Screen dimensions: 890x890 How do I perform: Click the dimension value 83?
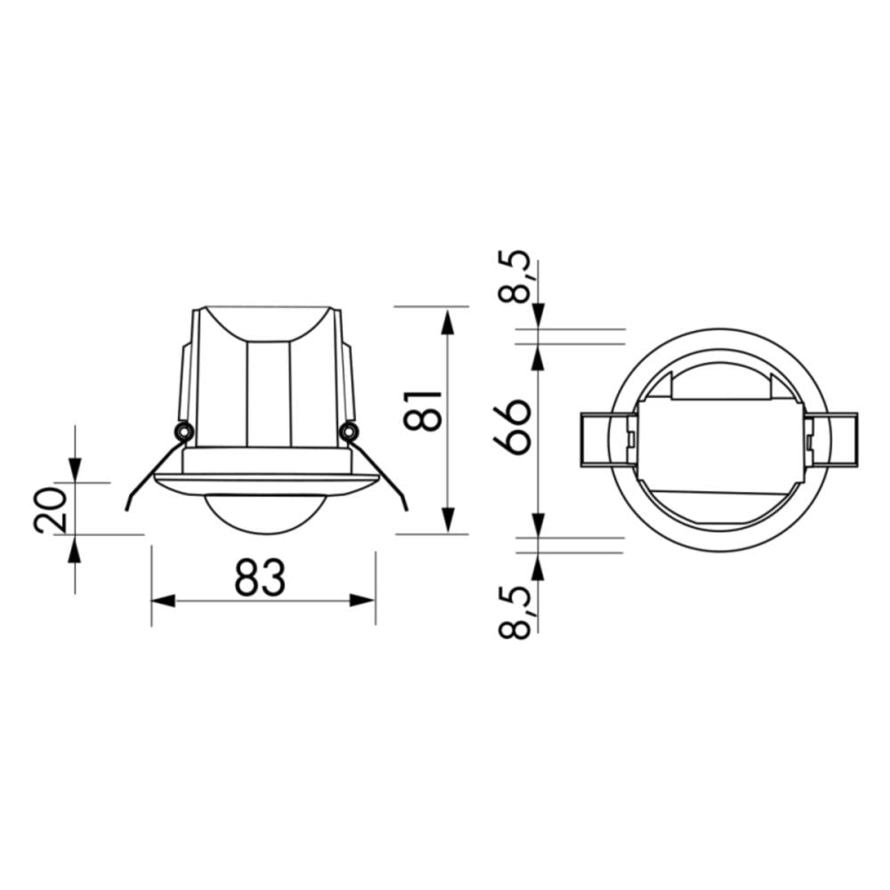tap(261, 578)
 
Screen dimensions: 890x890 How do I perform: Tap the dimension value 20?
tap(51, 509)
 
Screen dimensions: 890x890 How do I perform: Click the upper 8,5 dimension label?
tap(516, 278)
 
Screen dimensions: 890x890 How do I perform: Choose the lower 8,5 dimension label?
tap(516, 612)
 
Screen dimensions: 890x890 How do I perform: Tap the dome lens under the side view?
tap(263, 514)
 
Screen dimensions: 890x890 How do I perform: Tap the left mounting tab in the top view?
tap(605, 440)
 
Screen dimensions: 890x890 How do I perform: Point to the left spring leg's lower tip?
tap(129, 508)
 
